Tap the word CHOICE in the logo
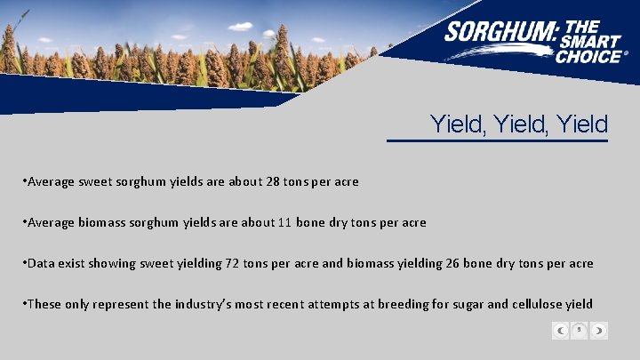[589, 56]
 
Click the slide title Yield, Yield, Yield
[519, 124]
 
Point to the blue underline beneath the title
[497, 140]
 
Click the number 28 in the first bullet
[275, 181]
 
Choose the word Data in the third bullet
[42, 263]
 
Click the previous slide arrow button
[561, 331]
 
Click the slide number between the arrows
[579, 330]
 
